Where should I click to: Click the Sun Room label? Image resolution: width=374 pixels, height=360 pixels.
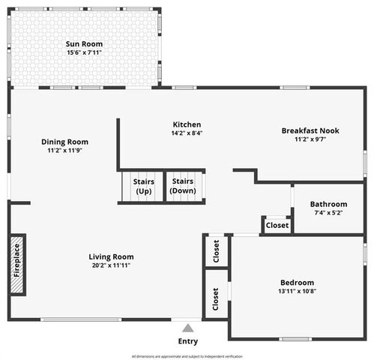click(83, 43)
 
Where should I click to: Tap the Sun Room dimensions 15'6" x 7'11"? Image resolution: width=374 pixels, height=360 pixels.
click(83, 53)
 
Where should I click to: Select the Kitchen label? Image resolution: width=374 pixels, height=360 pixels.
click(187, 124)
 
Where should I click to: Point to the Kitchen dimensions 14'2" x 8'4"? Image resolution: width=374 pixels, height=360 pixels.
click(187, 133)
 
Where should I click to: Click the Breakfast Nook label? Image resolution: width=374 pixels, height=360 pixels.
click(310, 130)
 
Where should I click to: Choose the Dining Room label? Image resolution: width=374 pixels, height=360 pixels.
click(64, 142)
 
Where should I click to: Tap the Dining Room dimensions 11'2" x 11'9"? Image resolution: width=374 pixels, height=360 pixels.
click(64, 151)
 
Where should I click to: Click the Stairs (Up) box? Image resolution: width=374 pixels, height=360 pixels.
click(143, 186)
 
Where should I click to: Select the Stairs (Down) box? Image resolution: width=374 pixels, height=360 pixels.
click(183, 186)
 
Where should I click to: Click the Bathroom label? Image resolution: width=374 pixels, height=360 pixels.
click(328, 204)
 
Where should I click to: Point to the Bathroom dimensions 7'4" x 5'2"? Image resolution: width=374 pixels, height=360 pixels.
click(328, 213)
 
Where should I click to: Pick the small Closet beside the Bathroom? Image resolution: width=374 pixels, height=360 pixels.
click(277, 225)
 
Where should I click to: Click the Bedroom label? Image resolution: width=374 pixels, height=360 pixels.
click(298, 282)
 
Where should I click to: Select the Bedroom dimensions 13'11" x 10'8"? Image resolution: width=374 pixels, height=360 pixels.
click(298, 291)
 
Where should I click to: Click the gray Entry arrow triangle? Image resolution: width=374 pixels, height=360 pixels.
click(188, 328)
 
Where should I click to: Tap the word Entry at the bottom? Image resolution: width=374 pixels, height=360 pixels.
click(188, 341)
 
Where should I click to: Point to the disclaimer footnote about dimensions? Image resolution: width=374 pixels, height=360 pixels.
click(187, 355)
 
